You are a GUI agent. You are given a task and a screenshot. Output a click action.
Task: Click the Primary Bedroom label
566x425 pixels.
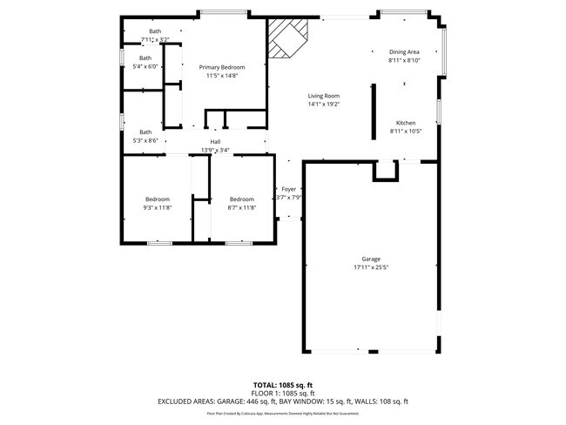click(x=221, y=67)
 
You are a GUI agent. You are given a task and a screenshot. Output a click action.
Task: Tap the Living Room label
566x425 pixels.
click(x=323, y=96)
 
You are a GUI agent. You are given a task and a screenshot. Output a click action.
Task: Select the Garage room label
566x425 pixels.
click(x=371, y=259)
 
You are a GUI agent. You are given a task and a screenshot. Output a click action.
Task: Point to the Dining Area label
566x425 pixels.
click(x=404, y=52)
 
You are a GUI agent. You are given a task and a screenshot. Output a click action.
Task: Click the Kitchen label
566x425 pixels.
click(x=406, y=123)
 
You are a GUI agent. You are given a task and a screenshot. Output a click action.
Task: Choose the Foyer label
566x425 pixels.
click(x=288, y=189)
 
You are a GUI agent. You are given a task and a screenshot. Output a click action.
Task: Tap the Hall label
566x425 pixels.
click(x=214, y=142)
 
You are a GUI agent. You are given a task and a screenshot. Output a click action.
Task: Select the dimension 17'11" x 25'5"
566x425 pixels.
click(x=371, y=267)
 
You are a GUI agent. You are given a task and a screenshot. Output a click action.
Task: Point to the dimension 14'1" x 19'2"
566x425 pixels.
click(x=323, y=105)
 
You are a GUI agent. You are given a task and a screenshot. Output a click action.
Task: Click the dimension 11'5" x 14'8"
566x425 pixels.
click(x=221, y=76)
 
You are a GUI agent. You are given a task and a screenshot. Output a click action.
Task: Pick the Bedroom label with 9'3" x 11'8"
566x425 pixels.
click(x=158, y=199)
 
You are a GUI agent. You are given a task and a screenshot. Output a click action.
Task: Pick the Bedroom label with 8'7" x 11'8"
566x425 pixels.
click(x=241, y=199)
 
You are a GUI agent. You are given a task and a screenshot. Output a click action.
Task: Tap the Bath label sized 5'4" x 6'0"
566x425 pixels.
click(x=145, y=58)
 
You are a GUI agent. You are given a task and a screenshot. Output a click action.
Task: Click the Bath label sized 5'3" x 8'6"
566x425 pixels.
click(x=145, y=132)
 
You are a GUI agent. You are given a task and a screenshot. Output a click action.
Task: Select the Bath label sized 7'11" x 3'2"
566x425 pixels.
click(x=155, y=32)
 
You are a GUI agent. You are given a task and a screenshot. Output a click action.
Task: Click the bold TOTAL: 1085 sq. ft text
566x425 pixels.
click(x=283, y=384)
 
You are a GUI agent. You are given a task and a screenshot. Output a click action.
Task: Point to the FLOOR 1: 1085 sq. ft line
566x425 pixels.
click(x=283, y=393)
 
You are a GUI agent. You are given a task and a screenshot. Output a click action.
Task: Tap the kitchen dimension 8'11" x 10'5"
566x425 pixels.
click(x=406, y=132)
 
